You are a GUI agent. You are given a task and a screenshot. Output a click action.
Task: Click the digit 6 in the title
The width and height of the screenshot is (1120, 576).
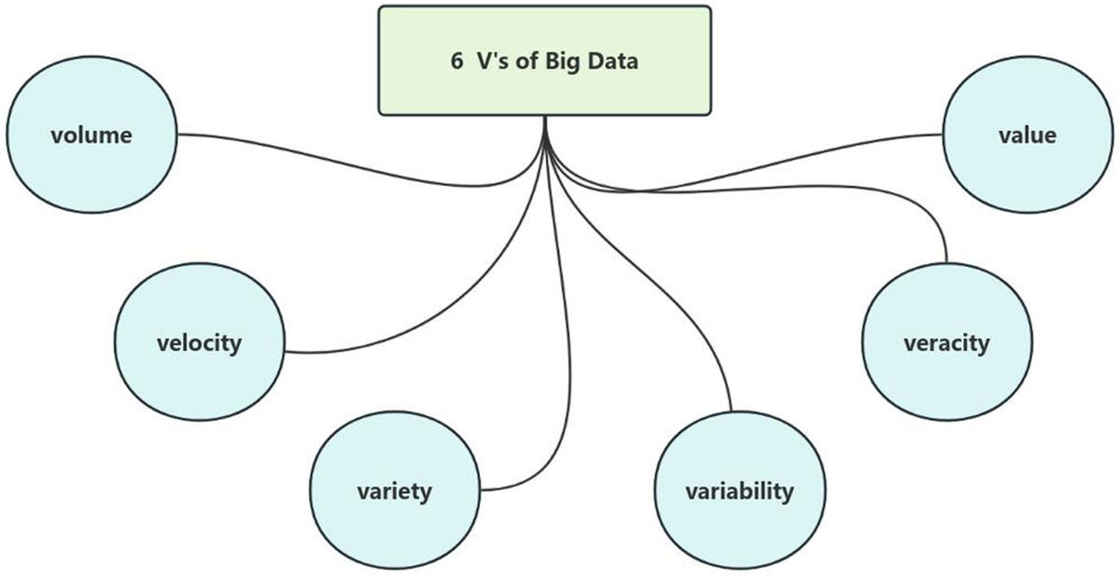coord(456,62)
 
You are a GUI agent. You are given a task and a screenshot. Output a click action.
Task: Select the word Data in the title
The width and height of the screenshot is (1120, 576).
coord(612,62)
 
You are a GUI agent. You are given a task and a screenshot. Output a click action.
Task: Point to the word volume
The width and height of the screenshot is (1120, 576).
coord(91,135)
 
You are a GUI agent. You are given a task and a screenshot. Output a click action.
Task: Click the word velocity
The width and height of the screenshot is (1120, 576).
coord(199,343)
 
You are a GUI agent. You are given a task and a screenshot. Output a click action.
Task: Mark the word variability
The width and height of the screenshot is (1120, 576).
coord(739,490)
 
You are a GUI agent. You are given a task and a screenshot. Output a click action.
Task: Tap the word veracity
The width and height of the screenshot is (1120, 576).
coord(946,343)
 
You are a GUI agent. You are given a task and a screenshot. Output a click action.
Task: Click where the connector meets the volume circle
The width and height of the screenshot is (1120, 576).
coord(176,134)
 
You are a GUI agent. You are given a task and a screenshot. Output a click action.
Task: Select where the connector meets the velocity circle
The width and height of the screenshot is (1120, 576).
coord(284,352)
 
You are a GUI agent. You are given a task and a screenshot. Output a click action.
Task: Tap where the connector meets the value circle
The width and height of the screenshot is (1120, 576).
coord(944,134)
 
